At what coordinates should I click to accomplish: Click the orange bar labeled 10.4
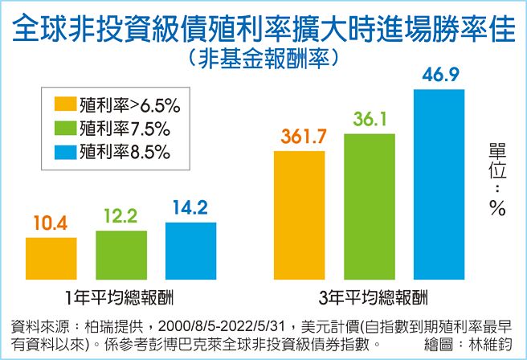[x=51, y=256]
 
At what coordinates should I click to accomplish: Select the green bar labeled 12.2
[x=121, y=253]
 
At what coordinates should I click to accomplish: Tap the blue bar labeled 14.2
[x=190, y=249]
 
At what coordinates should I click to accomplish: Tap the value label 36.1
[x=370, y=121]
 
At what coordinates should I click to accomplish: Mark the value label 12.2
[x=121, y=216]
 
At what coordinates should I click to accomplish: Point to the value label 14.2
[x=190, y=208]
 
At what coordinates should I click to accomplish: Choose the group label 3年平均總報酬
[x=370, y=294]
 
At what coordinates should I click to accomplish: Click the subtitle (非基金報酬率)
[x=263, y=59]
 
